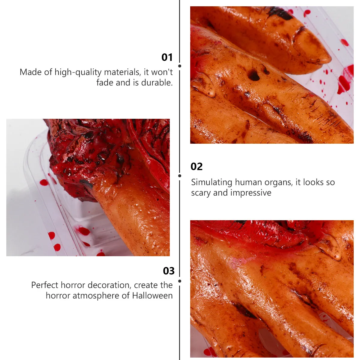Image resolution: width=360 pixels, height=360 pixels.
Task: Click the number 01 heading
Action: pyautogui.click(x=167, y=57)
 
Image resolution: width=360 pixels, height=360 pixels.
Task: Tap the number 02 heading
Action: pyautogui.click(x=196, y=166)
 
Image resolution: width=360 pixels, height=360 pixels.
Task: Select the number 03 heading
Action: pyautogui.click(x=169, y=271)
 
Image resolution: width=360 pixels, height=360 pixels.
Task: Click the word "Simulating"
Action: pyautogui.click(x=212, y=182)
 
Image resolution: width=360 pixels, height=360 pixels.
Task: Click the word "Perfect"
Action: pyautogui.click(x=45, y=285)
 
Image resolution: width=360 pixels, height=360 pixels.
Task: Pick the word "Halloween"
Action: pyautogui.click(x=152, y=295)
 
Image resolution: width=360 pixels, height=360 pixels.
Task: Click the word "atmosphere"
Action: pyautogui.click(x=96, y=296)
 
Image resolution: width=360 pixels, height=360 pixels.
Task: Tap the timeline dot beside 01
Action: pyautogui.click(x=180, y=66)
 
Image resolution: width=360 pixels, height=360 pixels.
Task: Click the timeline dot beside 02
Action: pyautogui.click(x=180, y=176)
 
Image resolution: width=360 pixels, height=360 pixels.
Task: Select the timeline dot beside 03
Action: pyautogui.click(x=180, y=281)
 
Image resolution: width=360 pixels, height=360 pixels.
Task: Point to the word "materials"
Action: pyautogui.click(x=123, y=72)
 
